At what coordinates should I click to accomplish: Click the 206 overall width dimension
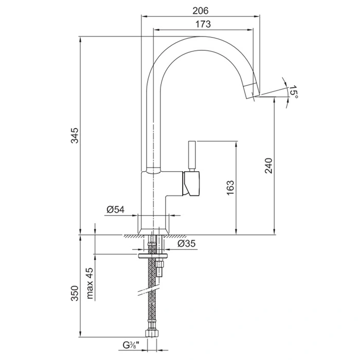click(201, 11)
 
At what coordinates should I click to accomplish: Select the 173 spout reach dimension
click(203, 24)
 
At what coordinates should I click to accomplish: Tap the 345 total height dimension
click(75, 135)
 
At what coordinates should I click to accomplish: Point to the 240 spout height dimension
click(268, 166)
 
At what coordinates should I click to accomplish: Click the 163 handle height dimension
click(230, 188)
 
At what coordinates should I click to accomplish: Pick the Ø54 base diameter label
click(116, 209)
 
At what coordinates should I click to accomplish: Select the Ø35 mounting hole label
click(186, 243)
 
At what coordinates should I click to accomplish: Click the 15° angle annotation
click(293, 92)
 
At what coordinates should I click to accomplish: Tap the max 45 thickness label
click(91, 283)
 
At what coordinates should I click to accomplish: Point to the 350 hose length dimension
click(75, 293)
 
